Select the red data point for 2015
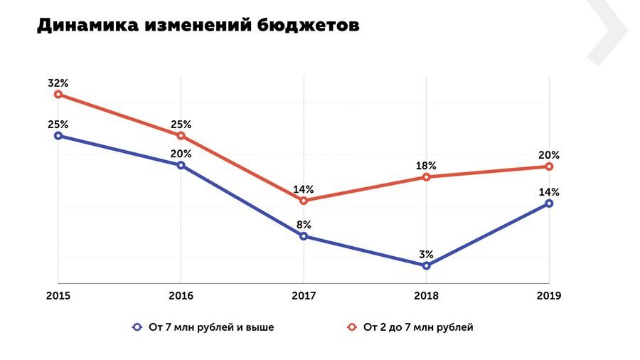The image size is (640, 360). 58,94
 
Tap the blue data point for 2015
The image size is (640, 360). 58,135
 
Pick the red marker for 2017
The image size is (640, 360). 304,201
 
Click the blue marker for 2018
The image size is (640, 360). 426,265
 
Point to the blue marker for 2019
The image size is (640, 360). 549,203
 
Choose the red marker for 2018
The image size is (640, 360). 426,176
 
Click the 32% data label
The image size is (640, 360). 58,83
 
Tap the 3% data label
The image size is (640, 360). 426,254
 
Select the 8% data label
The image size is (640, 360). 304,225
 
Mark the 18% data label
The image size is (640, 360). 426,165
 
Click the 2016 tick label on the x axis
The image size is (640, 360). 181,295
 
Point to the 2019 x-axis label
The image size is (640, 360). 549,295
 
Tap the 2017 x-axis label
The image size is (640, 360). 304,295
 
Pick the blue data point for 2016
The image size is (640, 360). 181,165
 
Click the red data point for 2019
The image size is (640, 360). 549,166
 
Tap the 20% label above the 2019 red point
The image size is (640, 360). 549,154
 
